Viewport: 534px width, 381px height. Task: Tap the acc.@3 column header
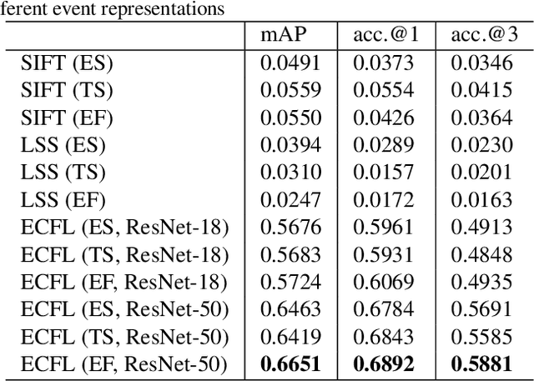(481, 35)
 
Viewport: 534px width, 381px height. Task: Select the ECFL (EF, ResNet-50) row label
(124, 364)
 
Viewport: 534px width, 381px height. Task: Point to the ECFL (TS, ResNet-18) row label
(124, 254)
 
